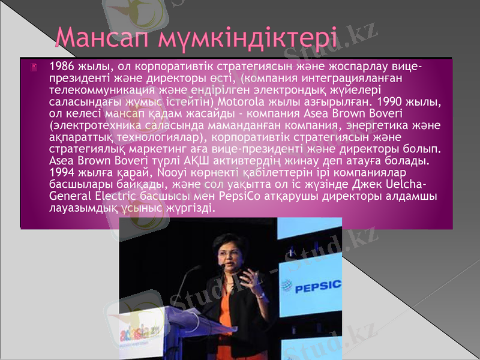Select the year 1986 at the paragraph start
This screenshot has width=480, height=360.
click(x=62, y=65)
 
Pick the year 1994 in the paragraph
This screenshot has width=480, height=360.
click(x=62, y=172)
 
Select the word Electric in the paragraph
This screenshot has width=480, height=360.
click(x=115, y=196)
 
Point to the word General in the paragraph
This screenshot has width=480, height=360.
click(x=69, y=196)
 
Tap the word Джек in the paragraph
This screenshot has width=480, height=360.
click(x=374, y=184)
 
